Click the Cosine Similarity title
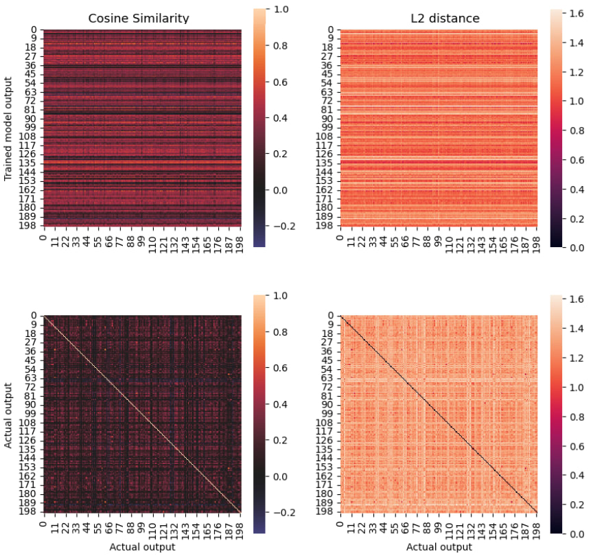138,19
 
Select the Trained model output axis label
8,128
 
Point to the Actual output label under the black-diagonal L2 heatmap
439,547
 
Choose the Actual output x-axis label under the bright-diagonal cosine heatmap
142,547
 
